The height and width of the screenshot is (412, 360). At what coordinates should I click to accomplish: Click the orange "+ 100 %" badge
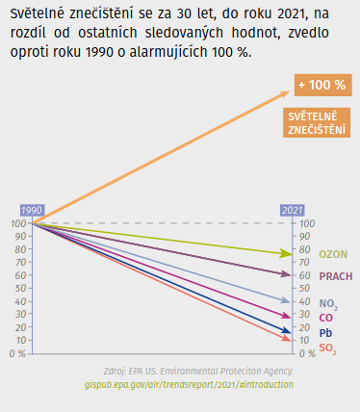point(321,85)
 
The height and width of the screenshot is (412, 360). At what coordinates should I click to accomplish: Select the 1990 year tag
point(31,210)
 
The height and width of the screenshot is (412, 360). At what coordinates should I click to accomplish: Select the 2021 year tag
point(292,210)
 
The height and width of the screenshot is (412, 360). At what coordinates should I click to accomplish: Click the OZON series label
point(333,254)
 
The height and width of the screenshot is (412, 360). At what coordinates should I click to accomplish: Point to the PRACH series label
point(335,276)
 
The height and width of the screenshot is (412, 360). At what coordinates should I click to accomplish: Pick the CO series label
point(325,317)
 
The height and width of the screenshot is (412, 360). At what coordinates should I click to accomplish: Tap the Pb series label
point(325,332)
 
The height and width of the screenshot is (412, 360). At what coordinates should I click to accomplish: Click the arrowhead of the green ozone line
point(286,253)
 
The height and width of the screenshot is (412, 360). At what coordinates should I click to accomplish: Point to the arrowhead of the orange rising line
point(284,93)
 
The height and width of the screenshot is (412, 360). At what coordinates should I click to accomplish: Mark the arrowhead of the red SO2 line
point(286,340)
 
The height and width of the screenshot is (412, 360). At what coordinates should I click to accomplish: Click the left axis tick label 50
point(18,288)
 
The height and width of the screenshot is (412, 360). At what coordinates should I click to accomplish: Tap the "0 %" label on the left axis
point(16,353)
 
